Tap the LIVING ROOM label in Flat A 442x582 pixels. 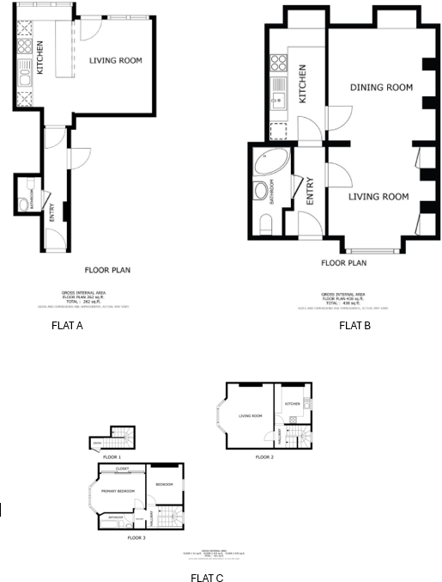115,60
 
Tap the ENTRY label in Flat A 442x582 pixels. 52,219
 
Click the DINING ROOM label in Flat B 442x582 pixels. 381,88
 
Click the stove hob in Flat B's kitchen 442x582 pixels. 278,63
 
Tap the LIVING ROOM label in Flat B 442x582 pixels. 378,197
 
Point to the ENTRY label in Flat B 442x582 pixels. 310,190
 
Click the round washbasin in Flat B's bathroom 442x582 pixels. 261,190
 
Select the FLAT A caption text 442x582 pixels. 67,326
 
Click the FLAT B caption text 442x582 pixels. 354,326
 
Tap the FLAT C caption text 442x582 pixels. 208,579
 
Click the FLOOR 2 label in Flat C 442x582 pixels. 264,457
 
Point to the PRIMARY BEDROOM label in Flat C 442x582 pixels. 118,491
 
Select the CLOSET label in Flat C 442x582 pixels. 122,469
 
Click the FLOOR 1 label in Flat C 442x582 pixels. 113,457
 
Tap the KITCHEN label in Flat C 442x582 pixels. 293,403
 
